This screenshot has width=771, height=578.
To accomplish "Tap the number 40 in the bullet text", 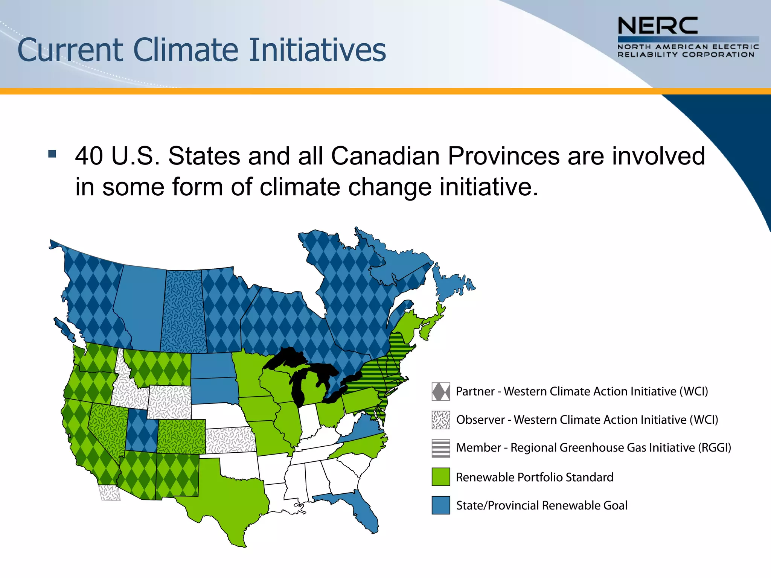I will pos(89,156).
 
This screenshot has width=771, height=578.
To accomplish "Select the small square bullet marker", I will pos(52,154).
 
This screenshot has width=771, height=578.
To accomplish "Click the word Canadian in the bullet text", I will pos(385,156).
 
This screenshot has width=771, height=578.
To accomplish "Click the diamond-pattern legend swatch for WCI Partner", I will pos(441,392).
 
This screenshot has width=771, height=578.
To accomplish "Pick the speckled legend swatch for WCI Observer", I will pos(441,420).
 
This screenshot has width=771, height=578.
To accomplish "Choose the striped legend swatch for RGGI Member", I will pos(441,448).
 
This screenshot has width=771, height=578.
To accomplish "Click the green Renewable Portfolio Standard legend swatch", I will pos(441,477).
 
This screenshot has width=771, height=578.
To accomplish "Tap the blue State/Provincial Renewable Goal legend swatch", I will pos(441,505).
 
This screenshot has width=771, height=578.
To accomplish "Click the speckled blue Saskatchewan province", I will pos(184,312).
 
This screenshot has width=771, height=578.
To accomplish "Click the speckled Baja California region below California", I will pos(110,493).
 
